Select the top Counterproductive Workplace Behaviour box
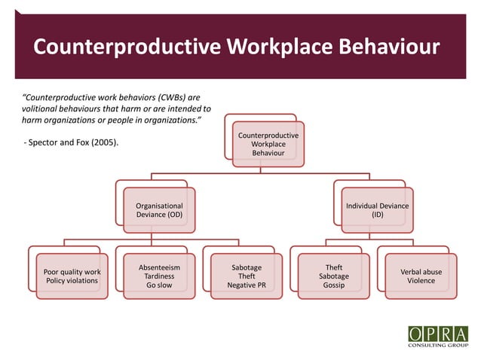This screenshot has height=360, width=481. pyautogui.click(x=268, y=144)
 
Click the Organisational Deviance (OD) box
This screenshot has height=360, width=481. pyautogui.click(x=159, y=210)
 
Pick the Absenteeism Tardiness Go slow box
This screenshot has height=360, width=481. pyautogui.click(x=159, y=276)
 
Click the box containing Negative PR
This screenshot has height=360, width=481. pyautogui.click(x=247, y=276)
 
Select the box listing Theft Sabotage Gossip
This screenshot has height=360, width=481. pyautogui.click(x=333, y=276)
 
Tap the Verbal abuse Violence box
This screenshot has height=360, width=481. pyautogui.click(x=421, y=276)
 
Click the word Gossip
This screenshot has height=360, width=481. pyautogui.click(x=333, y=286)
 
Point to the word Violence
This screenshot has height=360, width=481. pyautogui.click(x=421, y=281)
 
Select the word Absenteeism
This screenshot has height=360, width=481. pyautogui.click(x=159, y=267)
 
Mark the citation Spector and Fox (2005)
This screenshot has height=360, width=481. pyautogui.click(x=75, y=142)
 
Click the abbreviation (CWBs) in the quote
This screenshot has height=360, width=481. pyautogui.click(x=166, y=97)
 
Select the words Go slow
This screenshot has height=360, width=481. pyautogui.click(x=159, y=286)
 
